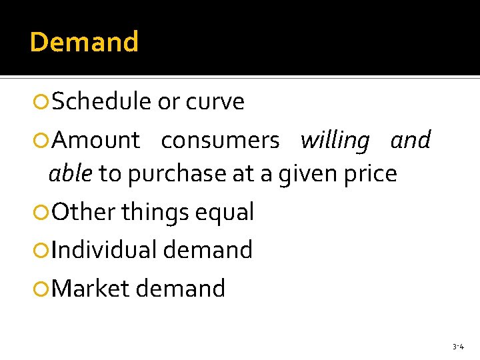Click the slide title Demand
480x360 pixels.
point(84,42)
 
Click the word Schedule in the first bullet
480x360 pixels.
point(101,102)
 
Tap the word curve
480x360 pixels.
point(215,102)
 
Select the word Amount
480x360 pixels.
point(96,141)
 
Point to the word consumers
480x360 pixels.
point(220,141)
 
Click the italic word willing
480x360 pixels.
point(335,141)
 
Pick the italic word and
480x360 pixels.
point(411,141)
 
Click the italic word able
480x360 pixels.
point(70,174)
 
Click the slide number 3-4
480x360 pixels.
point(458,347)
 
